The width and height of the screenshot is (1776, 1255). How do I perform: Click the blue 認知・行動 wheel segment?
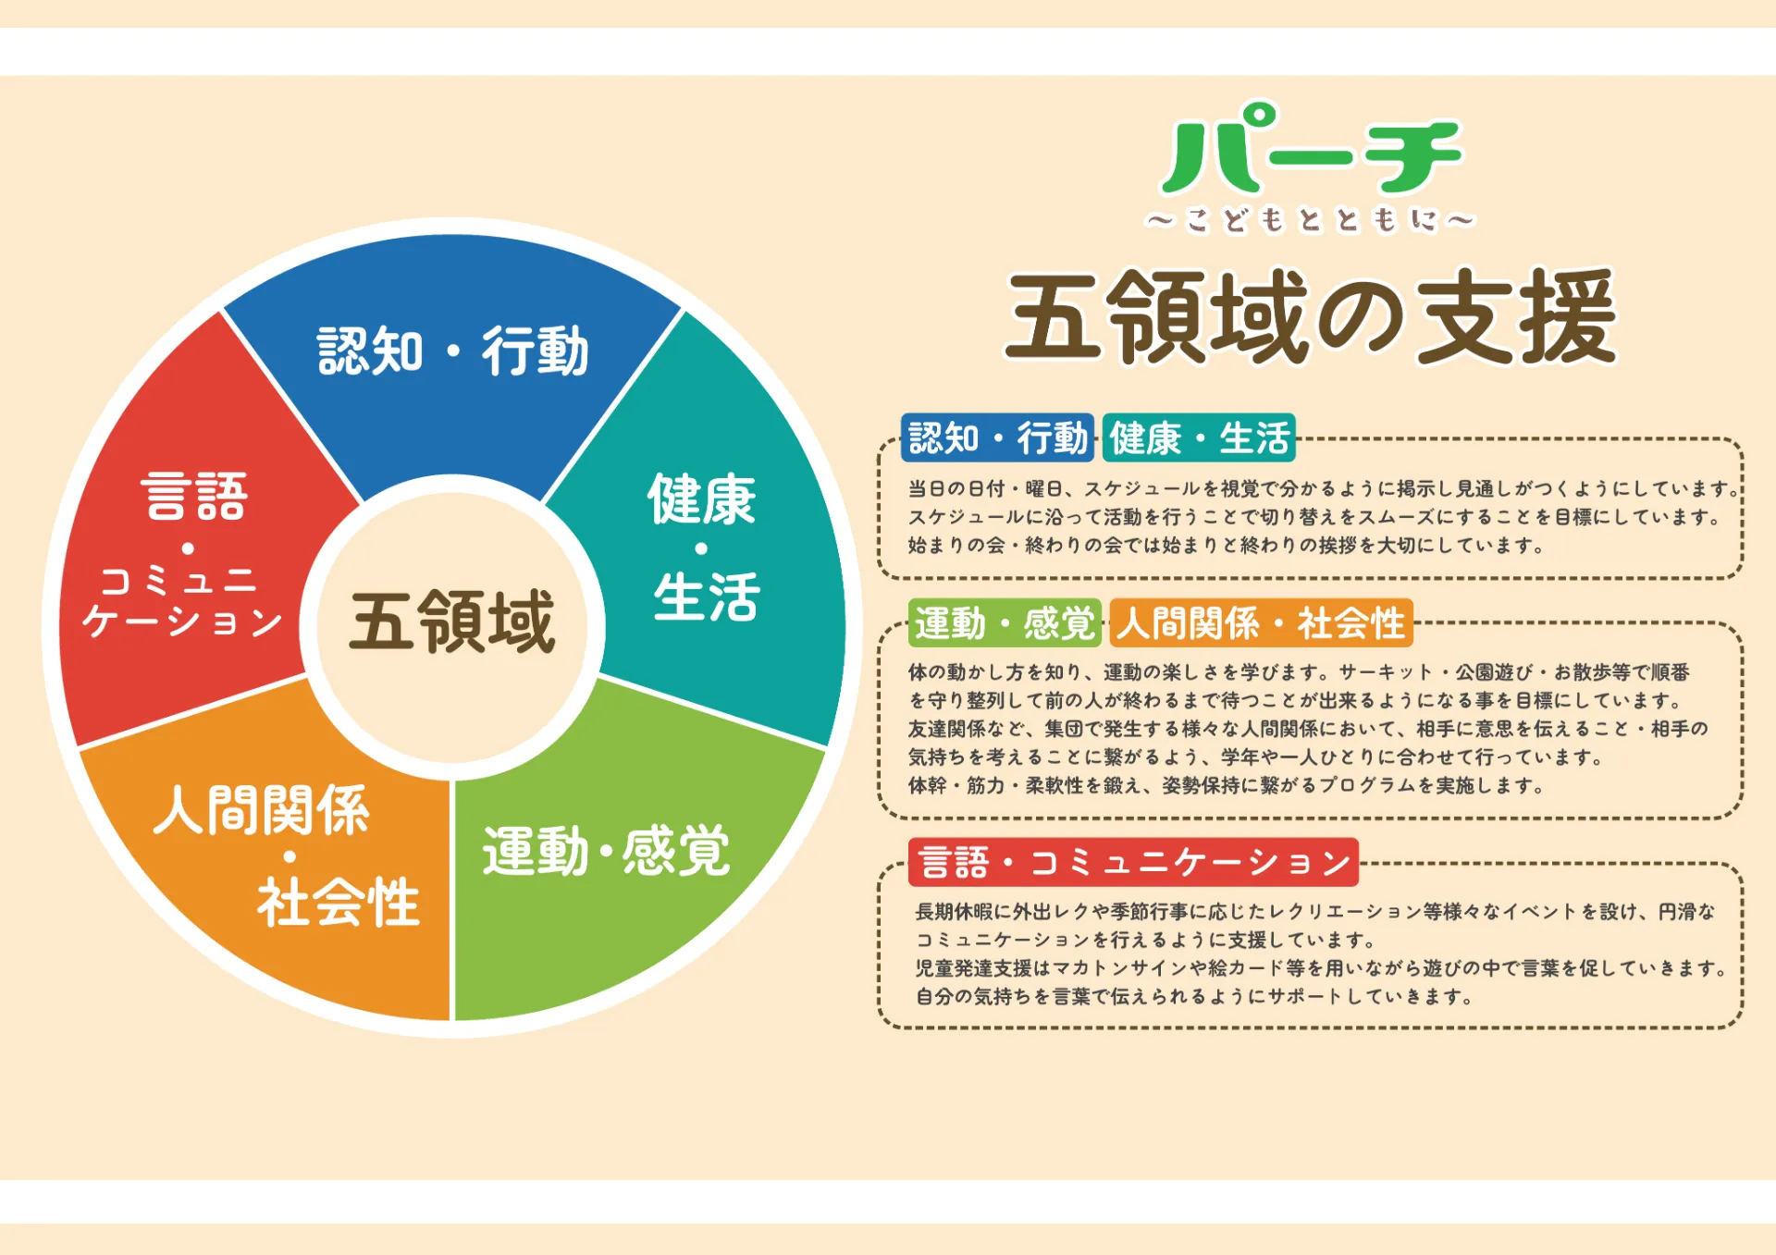(x=452, y=370)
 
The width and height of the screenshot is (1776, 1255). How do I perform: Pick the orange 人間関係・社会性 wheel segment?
(x=277, y=869)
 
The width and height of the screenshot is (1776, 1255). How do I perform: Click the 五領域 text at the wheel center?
(x=452, y=621)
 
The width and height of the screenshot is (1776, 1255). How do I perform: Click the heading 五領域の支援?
(x=1312, y=316)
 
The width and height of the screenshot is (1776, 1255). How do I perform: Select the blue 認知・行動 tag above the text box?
(x=998, y=437)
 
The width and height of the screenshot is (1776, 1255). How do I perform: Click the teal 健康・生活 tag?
(x=1200, y=437)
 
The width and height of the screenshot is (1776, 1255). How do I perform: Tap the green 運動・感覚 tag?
(x=1005, y=622)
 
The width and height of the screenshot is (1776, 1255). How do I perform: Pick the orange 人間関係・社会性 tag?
(x=1262, y=622)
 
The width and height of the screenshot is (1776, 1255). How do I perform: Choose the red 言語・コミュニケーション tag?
(x=1134, y=862)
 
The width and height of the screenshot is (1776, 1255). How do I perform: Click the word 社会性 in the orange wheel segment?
(x=339, y=902)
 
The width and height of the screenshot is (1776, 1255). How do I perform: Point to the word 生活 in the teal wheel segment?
(x=707, y=597)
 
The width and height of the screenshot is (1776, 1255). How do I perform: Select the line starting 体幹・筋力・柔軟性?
(x=1226, y=785)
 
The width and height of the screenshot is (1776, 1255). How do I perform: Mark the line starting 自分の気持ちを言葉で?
(x=1194, y=996)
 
